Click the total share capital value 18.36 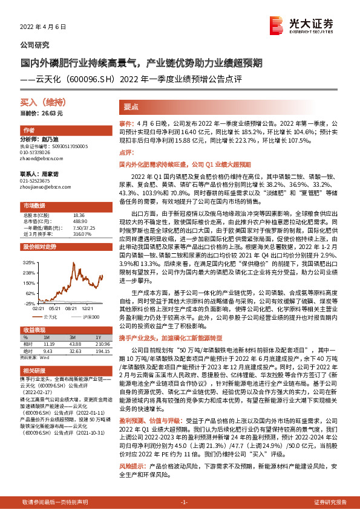[78, 215]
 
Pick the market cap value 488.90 [79, 221]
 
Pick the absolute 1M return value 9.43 [49, 349]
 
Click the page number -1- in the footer [185, 502]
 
